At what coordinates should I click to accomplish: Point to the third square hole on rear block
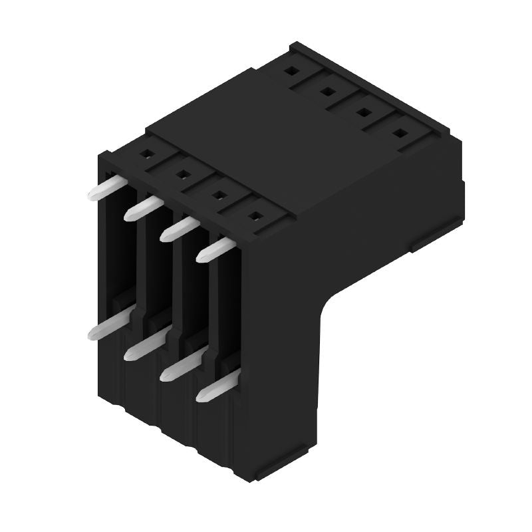tap(363, 112)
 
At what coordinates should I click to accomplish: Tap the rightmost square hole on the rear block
tap(399, 133)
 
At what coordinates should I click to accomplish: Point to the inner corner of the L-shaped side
tap(328, 303)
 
